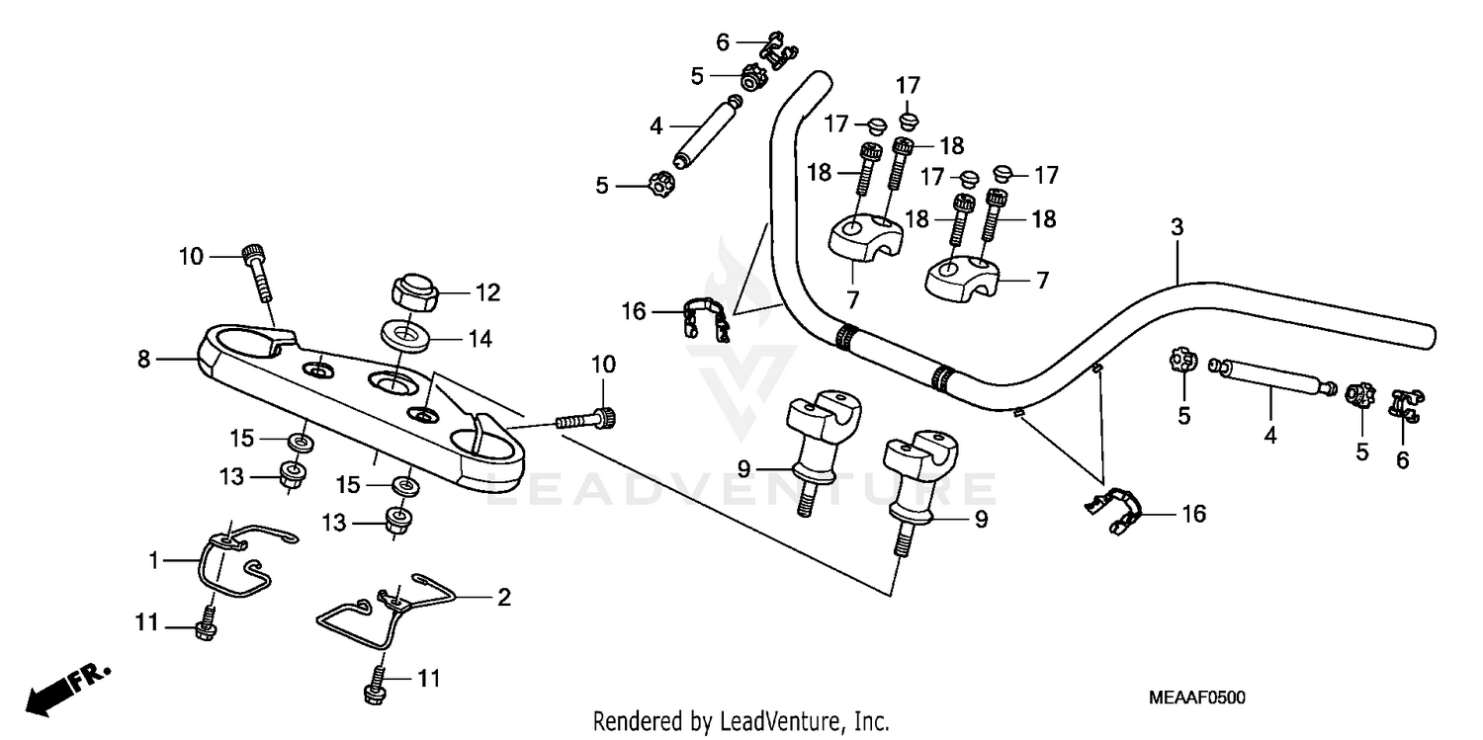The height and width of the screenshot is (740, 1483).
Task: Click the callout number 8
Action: [145, 361]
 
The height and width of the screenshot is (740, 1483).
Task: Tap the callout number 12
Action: [487, 293]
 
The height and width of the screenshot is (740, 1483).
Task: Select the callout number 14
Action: [480, 338]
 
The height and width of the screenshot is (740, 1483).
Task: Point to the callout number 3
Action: [1177, 226]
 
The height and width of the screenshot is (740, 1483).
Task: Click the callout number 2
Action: [504, 597]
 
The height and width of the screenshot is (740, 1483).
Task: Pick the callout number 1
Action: [154, 561]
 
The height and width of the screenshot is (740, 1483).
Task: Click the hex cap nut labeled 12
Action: [415, 293]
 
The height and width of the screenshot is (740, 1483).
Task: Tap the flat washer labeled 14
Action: [404, 333]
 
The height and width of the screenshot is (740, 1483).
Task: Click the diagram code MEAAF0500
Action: [1196, 698]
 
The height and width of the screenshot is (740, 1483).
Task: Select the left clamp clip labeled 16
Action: [706, 318]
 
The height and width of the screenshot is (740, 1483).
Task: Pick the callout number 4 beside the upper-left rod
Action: [655, 126]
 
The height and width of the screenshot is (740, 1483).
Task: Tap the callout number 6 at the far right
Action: [1402, 459]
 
